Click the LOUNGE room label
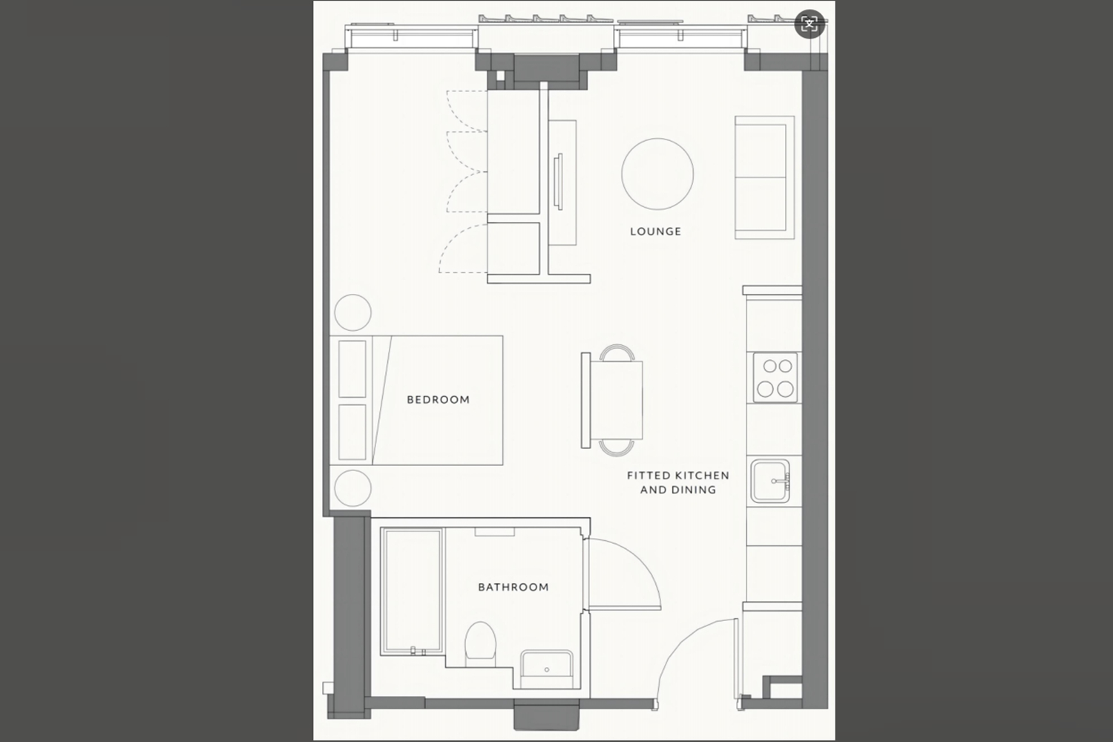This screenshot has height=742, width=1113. pyautogui.click(x=655, y=232)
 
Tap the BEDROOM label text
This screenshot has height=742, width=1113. pyautogui.click(x=439, y=400)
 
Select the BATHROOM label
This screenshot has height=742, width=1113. pyautogui.click(x=513, y=587)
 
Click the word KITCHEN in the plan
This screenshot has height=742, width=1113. pyautogui.click(x=701, y=476)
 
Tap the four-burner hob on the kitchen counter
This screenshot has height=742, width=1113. pyautogui.click(x=775, y=378)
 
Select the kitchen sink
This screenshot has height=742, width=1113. pyautogui.click(x=770, y=481)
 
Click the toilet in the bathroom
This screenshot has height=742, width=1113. pyautogui.click(x=481, y=643)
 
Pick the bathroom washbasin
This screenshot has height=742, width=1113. pyautogui.click(x=547, y=669)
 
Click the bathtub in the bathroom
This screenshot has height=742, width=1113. pyautogui.click(x=412, y=591)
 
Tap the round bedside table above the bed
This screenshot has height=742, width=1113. pyautogui.click(x=352, y=312)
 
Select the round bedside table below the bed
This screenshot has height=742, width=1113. pyautogui.click(x=352, y=488)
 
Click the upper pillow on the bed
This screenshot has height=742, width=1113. pyautogui.click(x=352, y=369)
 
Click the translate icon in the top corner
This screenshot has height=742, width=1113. pyautogui.click(x=810, y=23)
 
